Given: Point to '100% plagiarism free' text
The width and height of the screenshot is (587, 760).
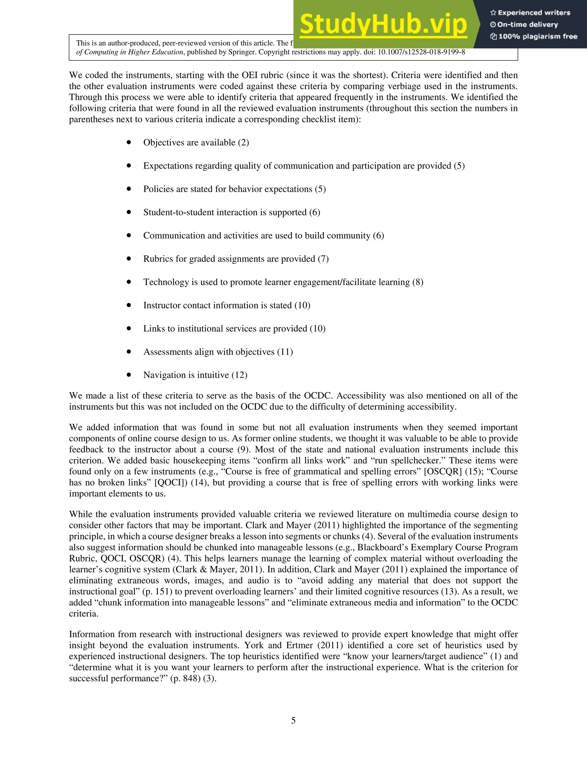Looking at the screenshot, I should tap(538, 36).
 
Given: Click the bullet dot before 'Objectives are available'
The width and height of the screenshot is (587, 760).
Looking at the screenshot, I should tap(129, 142).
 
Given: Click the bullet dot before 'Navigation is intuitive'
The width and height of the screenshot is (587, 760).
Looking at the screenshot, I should tap(129, 375).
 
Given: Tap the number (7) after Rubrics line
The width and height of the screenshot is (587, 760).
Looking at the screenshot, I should tap(323, 259).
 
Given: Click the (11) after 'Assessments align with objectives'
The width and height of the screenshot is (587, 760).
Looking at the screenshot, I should tap(285, 352).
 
